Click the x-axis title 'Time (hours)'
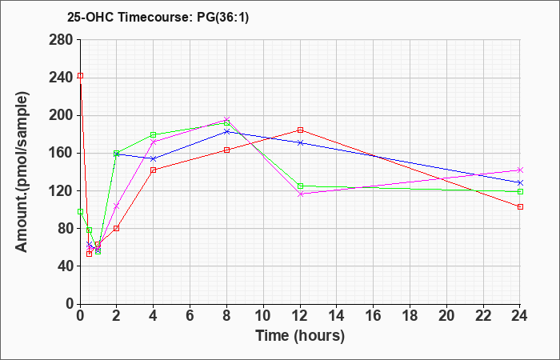[300, 335]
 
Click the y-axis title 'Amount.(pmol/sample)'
[23, 171]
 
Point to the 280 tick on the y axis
[62, 39]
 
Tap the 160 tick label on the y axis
[62, 153]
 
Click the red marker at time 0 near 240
[80, 76]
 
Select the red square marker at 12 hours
[300, 130]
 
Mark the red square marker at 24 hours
[520, 206]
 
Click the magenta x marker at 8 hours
[226, 119]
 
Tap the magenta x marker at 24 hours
[520, 170]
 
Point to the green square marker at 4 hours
[153, 135]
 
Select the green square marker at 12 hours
[300, 186]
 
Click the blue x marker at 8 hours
[226, 131]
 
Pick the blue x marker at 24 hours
[520, 182]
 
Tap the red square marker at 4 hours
[153, 170]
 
